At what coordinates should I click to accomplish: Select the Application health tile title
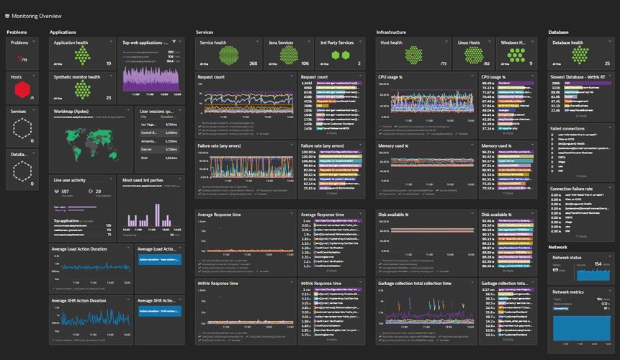point(73,42)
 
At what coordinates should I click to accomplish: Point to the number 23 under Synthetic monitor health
point(108,97)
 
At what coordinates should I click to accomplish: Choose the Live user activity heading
point(70,179)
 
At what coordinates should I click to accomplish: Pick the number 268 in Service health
point(253,63)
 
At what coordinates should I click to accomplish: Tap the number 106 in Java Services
point(305,63)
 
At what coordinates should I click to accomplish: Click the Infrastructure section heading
point(391,32)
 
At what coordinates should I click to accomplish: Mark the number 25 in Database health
point(607,63)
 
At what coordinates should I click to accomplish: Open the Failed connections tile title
point(570,127)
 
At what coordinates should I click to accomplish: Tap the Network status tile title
point(566,257)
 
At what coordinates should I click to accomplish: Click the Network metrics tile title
point(567,292)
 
